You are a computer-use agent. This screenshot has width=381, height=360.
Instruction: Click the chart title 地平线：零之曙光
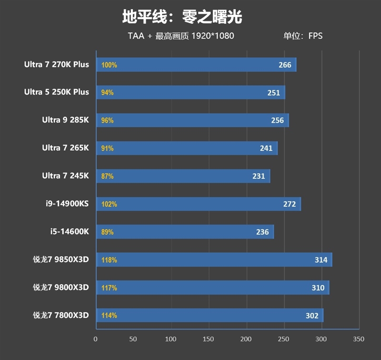(182, 18)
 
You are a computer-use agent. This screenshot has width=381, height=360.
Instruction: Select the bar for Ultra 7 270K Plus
(196, 65)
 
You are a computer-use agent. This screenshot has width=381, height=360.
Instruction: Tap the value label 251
(274, 93)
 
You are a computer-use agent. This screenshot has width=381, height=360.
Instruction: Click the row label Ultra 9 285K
(65, 120)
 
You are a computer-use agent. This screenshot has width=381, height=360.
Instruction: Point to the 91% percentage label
(107, 148)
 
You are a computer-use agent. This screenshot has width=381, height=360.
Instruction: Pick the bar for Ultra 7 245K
(183, 176)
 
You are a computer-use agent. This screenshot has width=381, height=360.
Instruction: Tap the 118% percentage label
(109, 260)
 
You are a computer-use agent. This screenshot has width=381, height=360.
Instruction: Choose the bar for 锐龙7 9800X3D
(212, 288)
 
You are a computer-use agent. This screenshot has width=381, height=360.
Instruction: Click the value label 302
(312, 316)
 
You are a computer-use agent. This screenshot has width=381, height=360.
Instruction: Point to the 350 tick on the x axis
(359, 339)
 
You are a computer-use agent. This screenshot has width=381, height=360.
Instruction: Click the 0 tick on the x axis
(96, 339)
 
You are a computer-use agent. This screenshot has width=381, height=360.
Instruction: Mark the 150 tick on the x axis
(208, 339)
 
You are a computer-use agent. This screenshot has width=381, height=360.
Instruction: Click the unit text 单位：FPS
(303, 36)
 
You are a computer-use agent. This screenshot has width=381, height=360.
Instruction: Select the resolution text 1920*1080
(213, 36)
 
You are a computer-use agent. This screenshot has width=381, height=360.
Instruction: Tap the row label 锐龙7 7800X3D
(60, 316)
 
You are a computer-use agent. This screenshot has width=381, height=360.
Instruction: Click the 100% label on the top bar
(109, 65)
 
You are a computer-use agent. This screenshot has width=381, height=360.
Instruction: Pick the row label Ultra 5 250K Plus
(57, 93)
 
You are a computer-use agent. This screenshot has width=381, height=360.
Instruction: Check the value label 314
(321, 260)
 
